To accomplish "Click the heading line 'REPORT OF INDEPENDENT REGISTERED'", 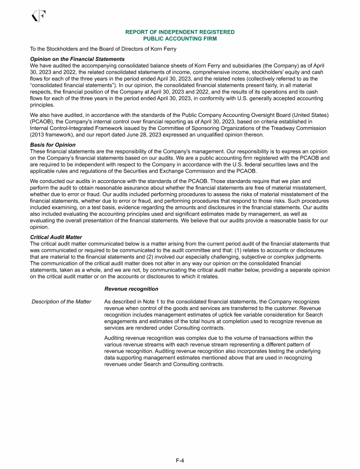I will pyautogui.click(x=180, y=32).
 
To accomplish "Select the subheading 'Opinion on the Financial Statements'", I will pyautogui.click(x=77, y=59).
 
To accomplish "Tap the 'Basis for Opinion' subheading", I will pyautogui.click(x=52, y=144).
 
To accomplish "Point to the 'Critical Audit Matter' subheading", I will pyautogui.click(x=56, y=237).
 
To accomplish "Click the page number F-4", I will pyautogui.click(x=180, y=461).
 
